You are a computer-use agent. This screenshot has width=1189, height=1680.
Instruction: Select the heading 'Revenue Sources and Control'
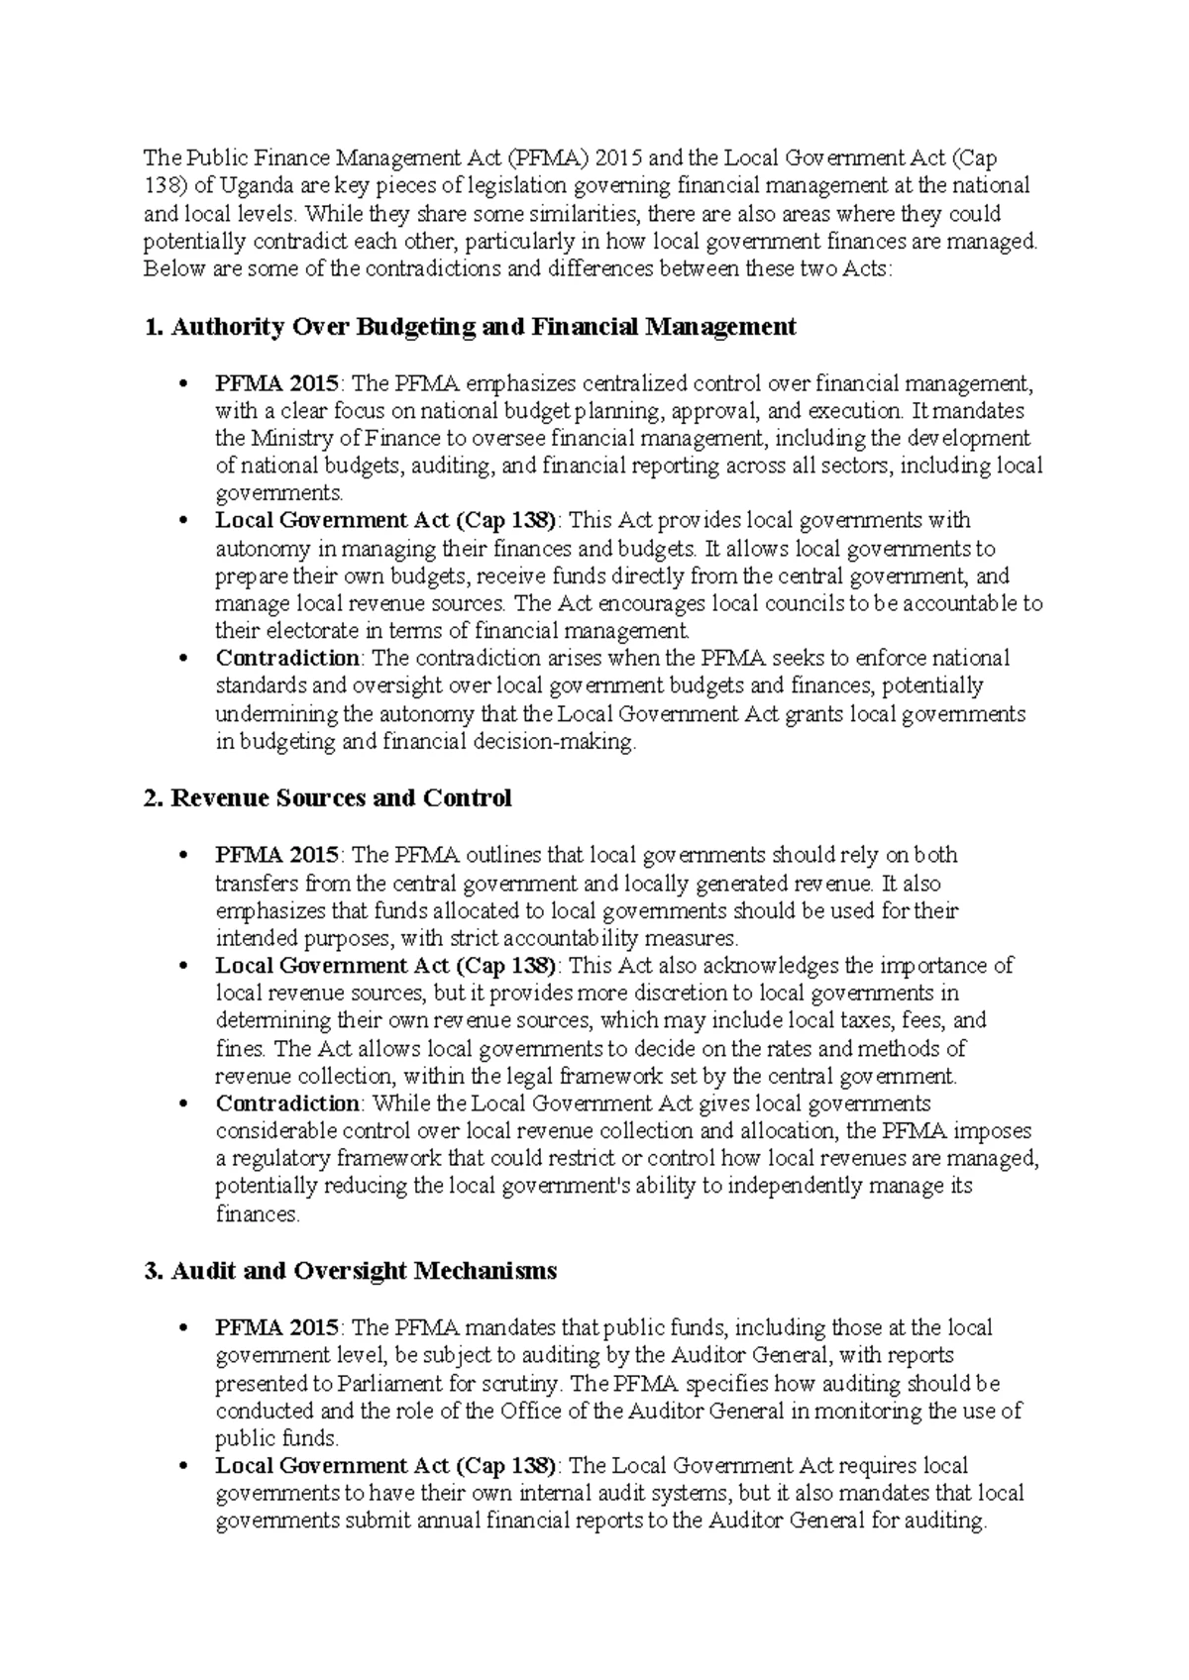(x=341, y=798)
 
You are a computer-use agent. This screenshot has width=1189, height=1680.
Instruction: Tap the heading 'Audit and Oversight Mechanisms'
(x=364, y=1271)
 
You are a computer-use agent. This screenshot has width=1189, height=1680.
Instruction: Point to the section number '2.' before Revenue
(x=153, y=798)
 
